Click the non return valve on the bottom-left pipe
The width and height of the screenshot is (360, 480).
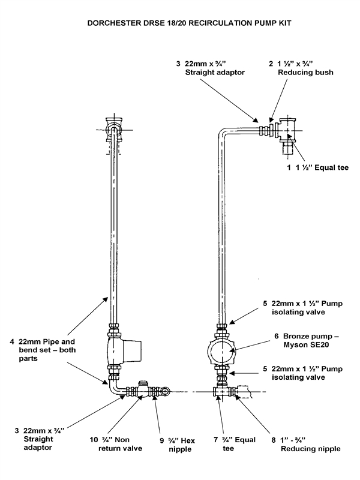pyautogui.click(x=143, y=391)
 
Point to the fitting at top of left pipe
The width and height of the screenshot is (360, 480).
pyautogui.click(x=112, y=128)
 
